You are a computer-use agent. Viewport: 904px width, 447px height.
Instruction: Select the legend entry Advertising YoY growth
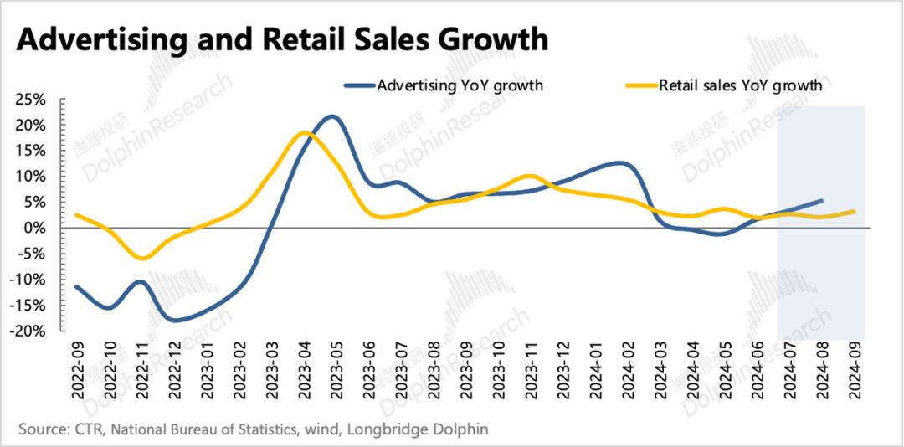point(460,85)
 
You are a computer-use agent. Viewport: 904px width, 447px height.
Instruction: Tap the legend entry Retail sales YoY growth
point(740,85)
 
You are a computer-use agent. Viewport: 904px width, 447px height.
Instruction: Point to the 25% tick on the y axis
point(32,100)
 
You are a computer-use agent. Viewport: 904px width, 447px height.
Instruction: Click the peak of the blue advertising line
point(331,116)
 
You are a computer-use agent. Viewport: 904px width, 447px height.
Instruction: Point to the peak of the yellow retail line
point(304,132)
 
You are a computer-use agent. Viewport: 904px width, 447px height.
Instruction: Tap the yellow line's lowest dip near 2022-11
point(141,258)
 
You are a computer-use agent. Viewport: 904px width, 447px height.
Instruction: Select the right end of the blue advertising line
point(821,201)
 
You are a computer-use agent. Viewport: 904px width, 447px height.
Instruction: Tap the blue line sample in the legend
point(357,85)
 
